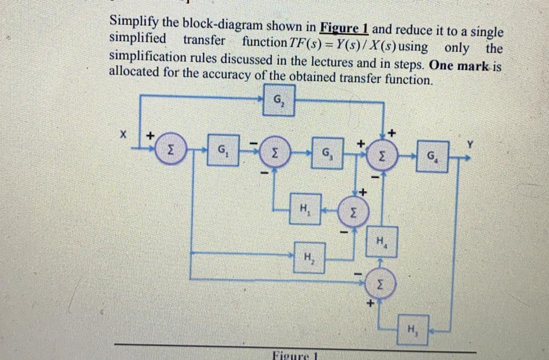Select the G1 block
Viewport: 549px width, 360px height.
(x=223, y=150)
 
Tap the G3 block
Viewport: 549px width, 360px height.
(x=327, y=153)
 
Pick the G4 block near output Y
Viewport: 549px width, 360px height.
(x=432, y=156)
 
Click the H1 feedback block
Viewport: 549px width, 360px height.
(x=305, y=209)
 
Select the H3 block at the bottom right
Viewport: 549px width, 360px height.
(x=412, y=330)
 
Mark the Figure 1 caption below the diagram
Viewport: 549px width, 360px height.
(x=294, y=356)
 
